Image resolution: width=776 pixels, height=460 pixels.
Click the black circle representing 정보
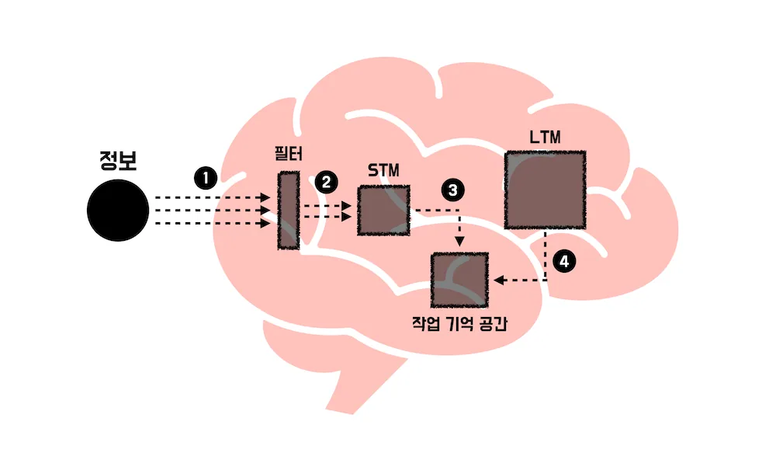coord(118,210)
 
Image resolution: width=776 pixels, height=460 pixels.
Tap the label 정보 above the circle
coord(118,160)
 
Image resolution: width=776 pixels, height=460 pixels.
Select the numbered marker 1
coord(206,178)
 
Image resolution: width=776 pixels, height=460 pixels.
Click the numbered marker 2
coord(326,183)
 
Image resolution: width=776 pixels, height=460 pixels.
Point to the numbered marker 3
coord(453,190)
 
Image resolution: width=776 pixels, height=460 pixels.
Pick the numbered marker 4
coord(564,261)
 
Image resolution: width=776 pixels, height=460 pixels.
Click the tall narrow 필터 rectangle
coord(289,210)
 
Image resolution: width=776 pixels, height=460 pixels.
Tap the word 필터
coord(289,154)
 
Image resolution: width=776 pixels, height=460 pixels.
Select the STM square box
coord(383,210)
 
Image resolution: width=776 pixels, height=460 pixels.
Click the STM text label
coord(383,170)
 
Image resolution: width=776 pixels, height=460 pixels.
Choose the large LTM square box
coord(545,190)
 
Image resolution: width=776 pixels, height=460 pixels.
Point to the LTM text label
coord(545,137)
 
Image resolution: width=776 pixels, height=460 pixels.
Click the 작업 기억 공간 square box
coord(459,280)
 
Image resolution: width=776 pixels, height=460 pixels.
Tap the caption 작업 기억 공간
coord(459,324)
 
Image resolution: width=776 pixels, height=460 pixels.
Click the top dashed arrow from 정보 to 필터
coord(213,198)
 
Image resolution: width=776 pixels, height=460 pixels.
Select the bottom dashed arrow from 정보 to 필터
coord(213,224)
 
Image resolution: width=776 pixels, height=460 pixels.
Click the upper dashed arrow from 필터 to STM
coord(327,206)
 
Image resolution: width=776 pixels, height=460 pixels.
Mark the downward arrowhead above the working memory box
coord(459,242)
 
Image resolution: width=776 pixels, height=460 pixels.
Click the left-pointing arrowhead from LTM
coord(499,281)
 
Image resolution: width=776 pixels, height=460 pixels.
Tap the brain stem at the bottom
coord(354,387)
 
